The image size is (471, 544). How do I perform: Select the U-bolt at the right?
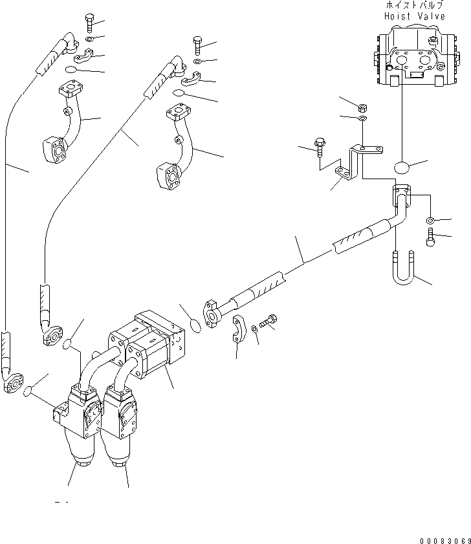[x=403, y=270]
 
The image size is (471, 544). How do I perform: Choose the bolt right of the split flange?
[x=270, y=321]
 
